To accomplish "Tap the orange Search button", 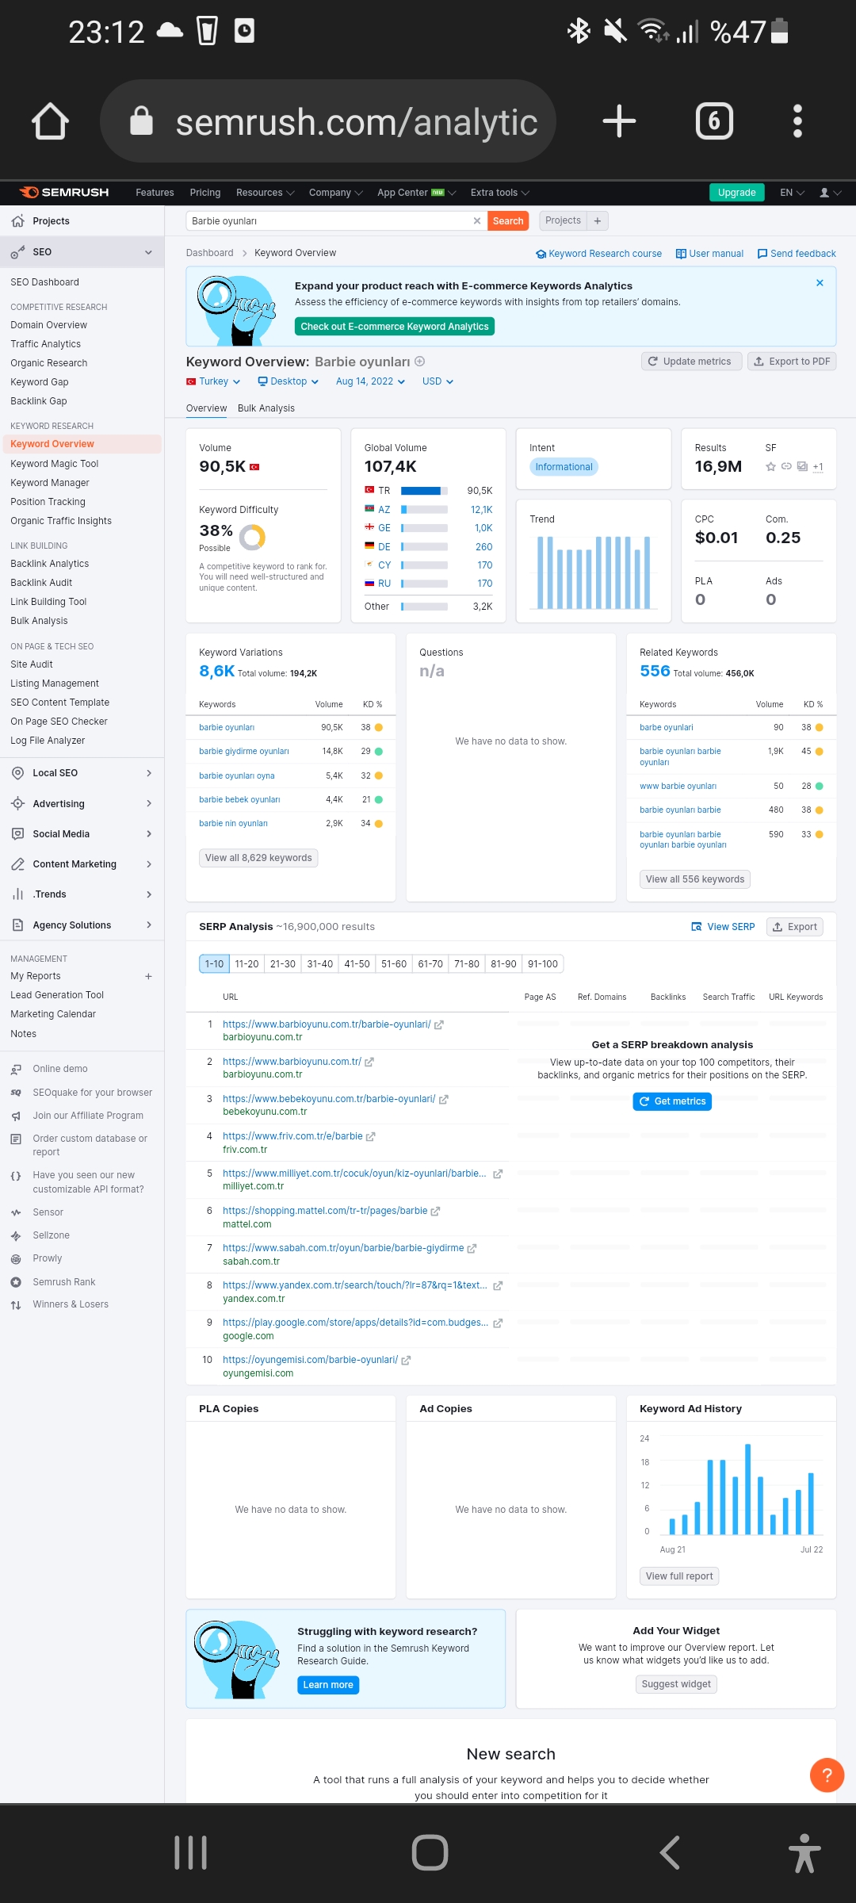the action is click(508, 221).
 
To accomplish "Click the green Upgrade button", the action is click(736, 193).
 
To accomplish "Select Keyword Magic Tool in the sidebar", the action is click(55, 464).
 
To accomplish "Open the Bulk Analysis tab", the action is click(266, 408).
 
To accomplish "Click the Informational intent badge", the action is click(564, 467).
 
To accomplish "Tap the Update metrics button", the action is click(690, 362).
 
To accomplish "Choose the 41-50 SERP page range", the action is click(357, 964).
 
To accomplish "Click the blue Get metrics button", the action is click(672, 1101).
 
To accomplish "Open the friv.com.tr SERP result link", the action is click(292, 1136).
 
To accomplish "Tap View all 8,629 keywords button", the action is click(258, 858).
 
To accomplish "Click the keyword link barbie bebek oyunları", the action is click(239, 799).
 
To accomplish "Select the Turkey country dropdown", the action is click(213, 381).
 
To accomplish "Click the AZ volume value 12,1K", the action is click(482, 510).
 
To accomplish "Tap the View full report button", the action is click(679, 1576).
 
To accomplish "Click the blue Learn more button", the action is click(328, 1685).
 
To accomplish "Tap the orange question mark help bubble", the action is click(827, 1775).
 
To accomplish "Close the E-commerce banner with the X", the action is click(820, 283).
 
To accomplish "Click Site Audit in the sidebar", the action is click(32, 664).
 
